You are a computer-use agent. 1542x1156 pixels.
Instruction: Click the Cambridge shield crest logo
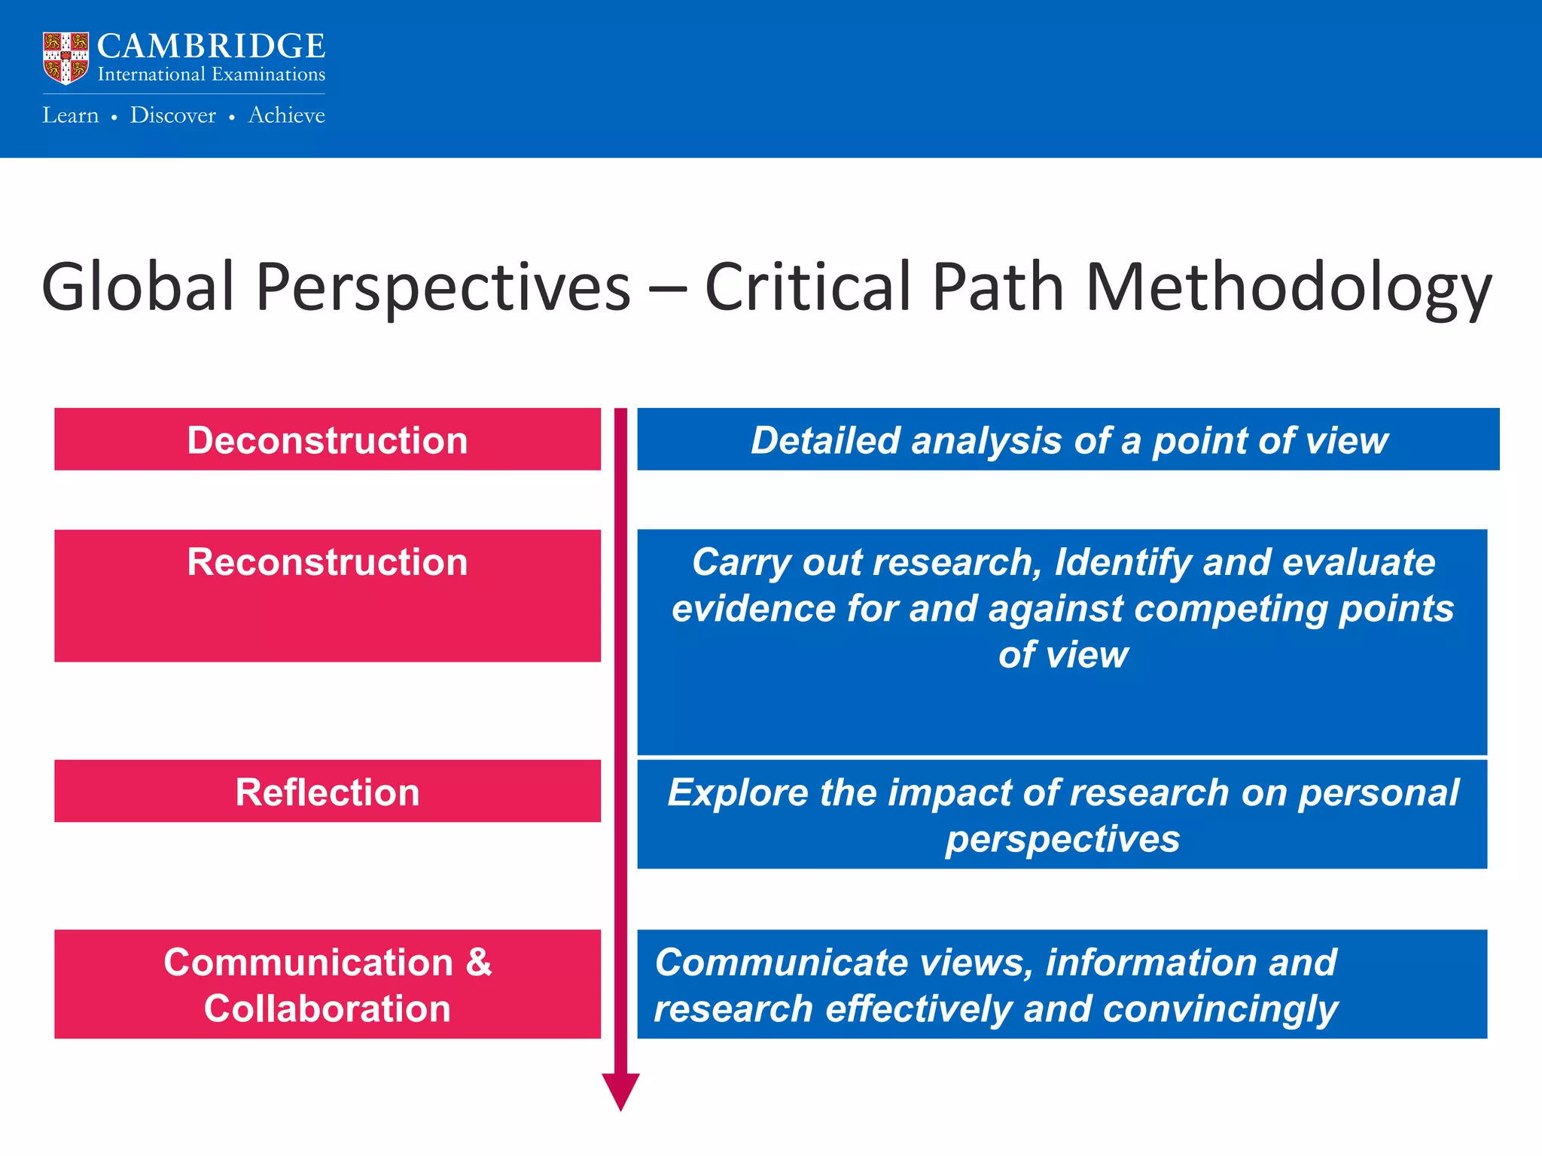pos(66,58)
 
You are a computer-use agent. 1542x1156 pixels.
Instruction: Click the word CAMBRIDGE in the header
pos(211,47)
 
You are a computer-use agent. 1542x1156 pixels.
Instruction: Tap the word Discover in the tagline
pos(172,115)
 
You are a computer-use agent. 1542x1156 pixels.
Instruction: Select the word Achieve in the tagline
pos(286,115)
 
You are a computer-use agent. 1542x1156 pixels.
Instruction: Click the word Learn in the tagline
pos(70,115)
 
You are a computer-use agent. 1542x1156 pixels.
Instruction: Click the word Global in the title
pos(138,287)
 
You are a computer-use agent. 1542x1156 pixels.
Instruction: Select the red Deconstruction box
pos(327,440)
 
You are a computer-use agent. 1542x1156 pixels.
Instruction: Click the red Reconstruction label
pos(327,562)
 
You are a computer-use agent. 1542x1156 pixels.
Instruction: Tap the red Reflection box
pos(327,792)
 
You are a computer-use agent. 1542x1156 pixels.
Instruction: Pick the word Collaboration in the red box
pos(327,1008)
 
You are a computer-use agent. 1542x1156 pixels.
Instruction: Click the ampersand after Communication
pos(478,963)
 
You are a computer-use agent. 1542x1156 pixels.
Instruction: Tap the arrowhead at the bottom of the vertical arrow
pos(620,1091)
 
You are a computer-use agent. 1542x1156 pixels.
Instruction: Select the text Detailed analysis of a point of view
pos(1068,440)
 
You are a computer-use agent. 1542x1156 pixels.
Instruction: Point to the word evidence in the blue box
pos(753,609)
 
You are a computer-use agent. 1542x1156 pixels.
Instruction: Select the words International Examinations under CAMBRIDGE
pos(211,75)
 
